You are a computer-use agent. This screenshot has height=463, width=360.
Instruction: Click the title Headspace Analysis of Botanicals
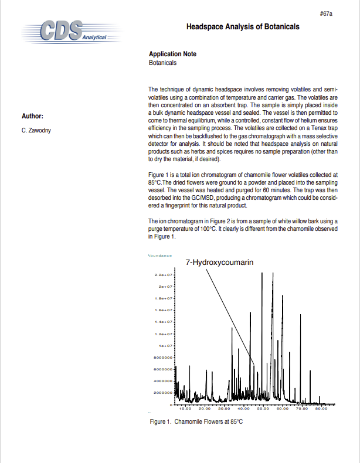pyautogui.click(x=243, y=27)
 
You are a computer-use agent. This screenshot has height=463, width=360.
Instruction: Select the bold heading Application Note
pyautogui.click(x=172, y=54)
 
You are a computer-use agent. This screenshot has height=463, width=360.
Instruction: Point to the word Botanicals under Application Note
pyautogui.click(x=162, y=62)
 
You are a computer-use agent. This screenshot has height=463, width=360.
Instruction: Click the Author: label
pyautogui.click(x=32, y=116)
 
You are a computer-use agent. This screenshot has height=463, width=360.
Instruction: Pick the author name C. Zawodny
pyautogui.click(x=36, y=130)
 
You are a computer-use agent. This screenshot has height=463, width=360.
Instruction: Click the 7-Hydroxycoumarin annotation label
pyautogui.click(x=219, y=263)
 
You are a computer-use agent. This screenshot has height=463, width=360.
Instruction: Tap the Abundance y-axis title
pyautogui.click(x=156, y=256)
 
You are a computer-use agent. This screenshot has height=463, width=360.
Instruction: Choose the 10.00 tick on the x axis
pyautogui.click(x=185, y=408)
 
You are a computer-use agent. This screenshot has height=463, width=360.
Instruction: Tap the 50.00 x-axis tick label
pyautogui.click(x=263, y=408)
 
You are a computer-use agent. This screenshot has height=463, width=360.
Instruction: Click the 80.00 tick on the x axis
pyautogui.click(x=321, y=408)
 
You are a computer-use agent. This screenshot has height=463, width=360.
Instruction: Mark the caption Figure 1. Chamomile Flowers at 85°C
pyautogui.click(x=196, y=422)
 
